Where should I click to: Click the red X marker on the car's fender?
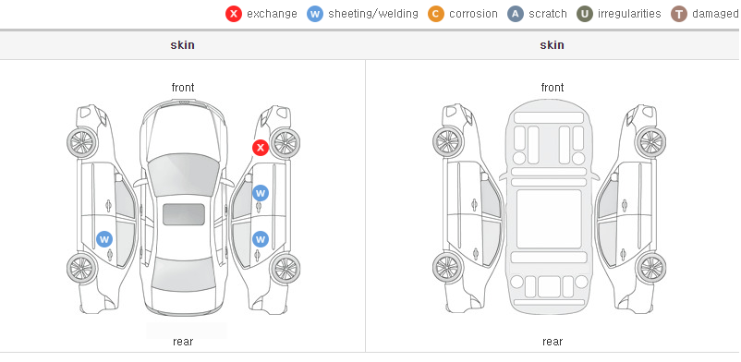pos(260,148)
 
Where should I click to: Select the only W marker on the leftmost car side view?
pos(104,239)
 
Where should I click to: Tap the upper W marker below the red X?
pos(261,193)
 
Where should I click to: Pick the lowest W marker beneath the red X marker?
pos(261,239)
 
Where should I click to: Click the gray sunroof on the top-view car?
pos(184,214)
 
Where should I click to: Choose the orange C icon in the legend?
pos(436,14)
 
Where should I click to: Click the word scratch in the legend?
pos(548,14)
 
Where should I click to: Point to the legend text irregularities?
pos(629,14)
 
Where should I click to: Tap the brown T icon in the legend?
pos(678,14)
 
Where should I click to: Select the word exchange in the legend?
pos(272,14)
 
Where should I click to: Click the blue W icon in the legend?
pos(315,14)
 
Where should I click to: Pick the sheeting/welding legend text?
pos(373,14)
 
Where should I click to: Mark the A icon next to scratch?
pos(516,14)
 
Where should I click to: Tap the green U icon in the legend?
pos(585,14)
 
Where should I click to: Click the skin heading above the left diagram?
pos(182,45)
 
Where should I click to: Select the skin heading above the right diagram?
pos(552,45)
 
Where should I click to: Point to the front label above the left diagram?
pos(183,88)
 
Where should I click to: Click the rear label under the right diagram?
pos(553,342)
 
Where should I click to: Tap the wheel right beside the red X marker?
pos(285,143)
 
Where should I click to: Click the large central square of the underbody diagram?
pos(549,219)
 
